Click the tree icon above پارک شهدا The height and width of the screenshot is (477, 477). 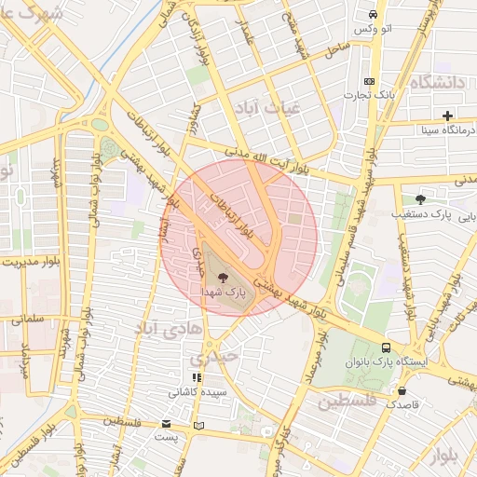pos(222,276)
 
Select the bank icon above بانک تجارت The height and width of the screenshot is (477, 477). pos(370,81)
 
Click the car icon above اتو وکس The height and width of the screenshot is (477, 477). pos(373,15)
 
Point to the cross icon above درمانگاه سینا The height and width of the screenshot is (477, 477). pos(448,116)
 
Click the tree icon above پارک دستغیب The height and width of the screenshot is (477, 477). pos(420,198)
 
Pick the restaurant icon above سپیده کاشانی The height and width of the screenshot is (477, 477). pos(196,377)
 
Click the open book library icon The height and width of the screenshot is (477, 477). pos(197,426)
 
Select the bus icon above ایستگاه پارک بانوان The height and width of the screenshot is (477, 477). pos(386,347)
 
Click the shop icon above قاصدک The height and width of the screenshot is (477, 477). pos(402,391)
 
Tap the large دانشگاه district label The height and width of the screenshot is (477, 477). pos(435,83)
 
